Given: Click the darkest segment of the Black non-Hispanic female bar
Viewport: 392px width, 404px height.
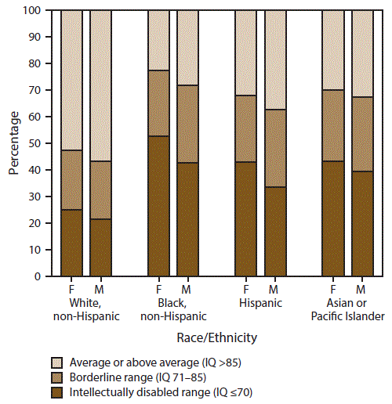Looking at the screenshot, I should click(159, 206).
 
